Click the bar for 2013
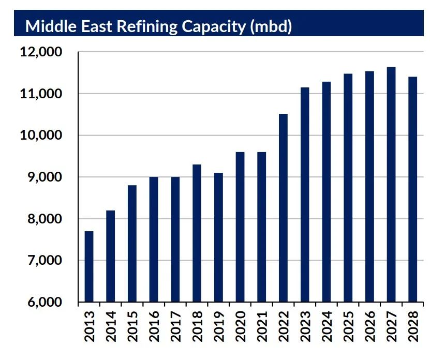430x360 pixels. (89, 266)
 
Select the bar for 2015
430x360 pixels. (132, 244)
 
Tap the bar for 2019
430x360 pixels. (218, 237)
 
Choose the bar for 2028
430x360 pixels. (412, 189)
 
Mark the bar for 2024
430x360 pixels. (326, 192)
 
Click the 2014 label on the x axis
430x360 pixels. (111, 326)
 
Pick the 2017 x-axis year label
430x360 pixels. (175, 326)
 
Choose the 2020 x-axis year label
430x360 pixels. (240, 326)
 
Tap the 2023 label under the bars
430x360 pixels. (305, 326)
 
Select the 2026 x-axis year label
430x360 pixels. (369, 326)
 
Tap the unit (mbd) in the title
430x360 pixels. (270, 27)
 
